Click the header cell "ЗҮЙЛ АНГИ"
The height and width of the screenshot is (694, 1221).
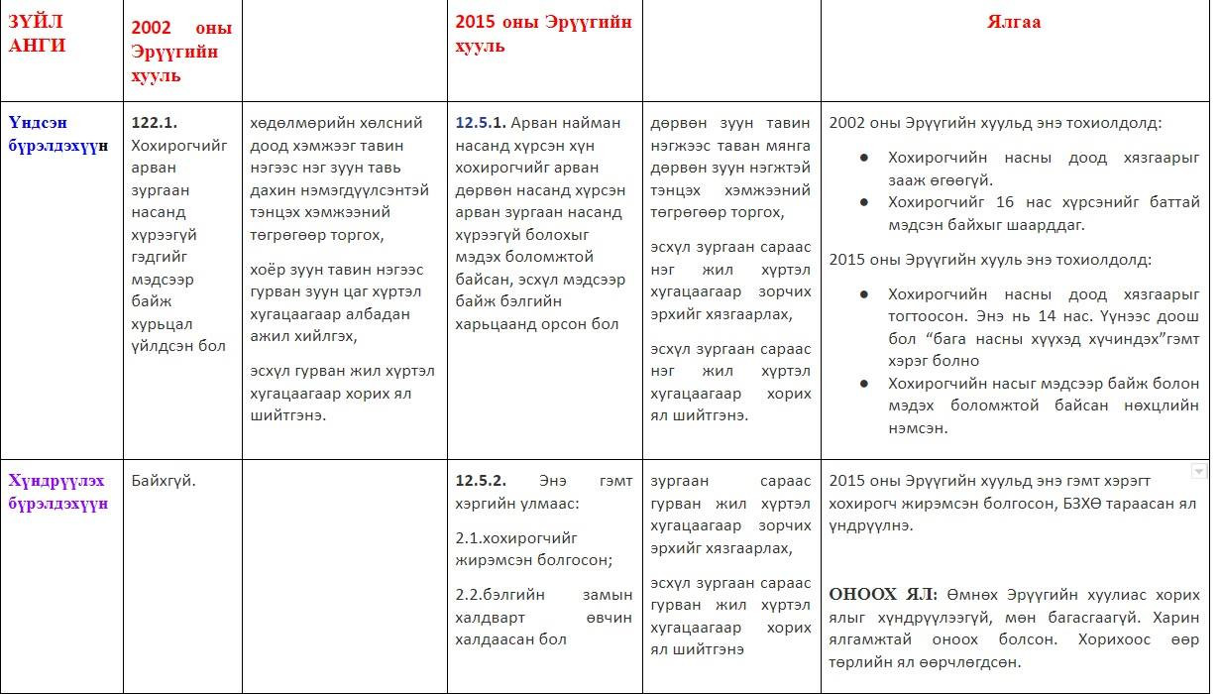(x=39, y=35)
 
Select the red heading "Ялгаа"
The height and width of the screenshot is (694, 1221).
(x=1014, y=22)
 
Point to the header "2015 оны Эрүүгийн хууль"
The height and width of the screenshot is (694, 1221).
(x=543, y=34)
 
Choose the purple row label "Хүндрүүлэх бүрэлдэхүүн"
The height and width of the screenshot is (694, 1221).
(x=56, y=492)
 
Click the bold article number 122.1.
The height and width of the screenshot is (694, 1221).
(x=155, y=123)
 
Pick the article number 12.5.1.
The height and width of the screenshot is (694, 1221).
(x=481, y=123)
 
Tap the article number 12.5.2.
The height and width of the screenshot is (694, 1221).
(x=481, y=481)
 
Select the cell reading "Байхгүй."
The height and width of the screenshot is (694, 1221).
(x=164, y=481)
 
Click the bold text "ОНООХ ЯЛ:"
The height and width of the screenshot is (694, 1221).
(x=883, y=595)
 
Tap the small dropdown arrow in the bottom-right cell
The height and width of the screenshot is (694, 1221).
(x=1198, y=471)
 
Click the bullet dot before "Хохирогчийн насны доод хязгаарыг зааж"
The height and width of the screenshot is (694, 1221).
(x=864, y=158)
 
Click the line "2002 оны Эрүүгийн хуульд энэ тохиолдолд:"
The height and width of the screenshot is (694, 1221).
(x=995, y=124)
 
